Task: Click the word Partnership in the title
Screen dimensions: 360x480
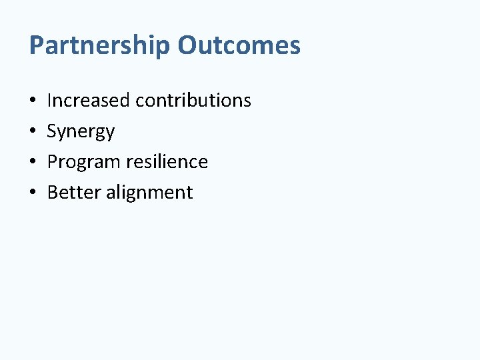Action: coord(100,46)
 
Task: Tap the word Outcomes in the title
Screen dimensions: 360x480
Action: coord(239,45)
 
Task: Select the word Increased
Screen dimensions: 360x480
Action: coord(89,101)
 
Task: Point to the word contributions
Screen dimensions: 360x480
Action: coord(193,101)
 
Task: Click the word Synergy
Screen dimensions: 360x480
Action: coord(81,132)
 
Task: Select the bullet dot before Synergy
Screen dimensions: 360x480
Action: coord(33,132)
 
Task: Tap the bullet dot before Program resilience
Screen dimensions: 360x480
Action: coord(33,163)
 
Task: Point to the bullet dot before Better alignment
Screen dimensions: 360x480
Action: coord(33,193)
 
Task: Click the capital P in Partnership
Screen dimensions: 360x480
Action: coord(37,46)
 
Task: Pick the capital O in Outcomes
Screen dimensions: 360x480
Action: coord(187,46)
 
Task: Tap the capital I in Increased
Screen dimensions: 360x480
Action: coord(49,101)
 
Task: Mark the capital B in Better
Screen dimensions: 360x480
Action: coord(53,193)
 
